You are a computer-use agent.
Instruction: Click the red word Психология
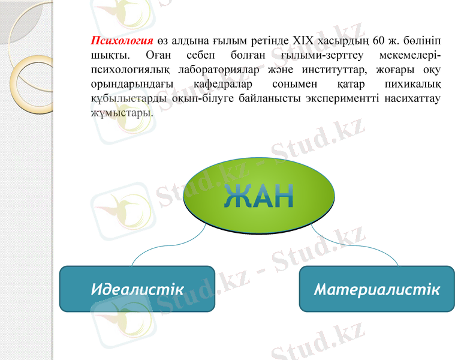(122, 41)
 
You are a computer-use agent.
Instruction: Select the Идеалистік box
(137, 289)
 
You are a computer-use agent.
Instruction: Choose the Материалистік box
(376, 289)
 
